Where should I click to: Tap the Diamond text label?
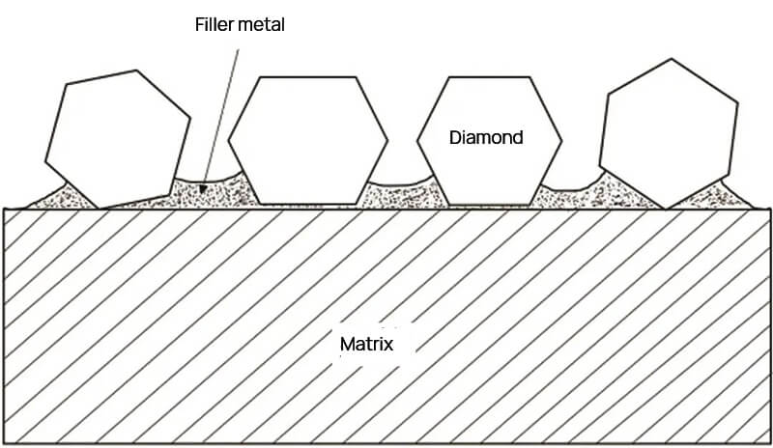coord(486,137)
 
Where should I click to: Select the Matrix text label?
coord(365,344)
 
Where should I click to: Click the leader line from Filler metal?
coord(220,106)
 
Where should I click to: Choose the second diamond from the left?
coord(307,140)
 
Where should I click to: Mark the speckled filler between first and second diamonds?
coord(208,190)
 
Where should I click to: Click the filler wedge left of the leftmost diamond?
coord(58,197)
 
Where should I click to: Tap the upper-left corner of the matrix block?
coord(7,209)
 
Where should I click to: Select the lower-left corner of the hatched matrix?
coord(7,442)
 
